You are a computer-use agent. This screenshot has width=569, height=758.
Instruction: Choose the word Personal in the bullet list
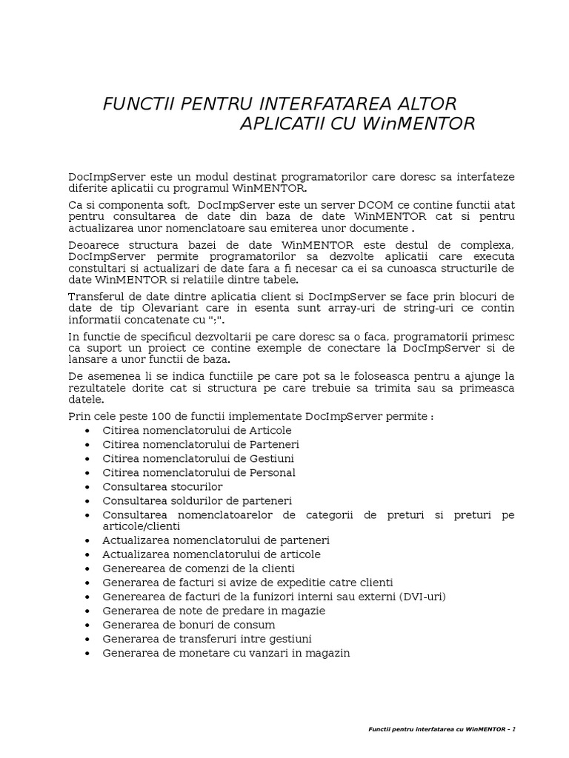tap(270, 472)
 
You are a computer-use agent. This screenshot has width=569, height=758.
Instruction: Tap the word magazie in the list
tap(302, 611)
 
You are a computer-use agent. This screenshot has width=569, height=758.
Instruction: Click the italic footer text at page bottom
tap(442, 729)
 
